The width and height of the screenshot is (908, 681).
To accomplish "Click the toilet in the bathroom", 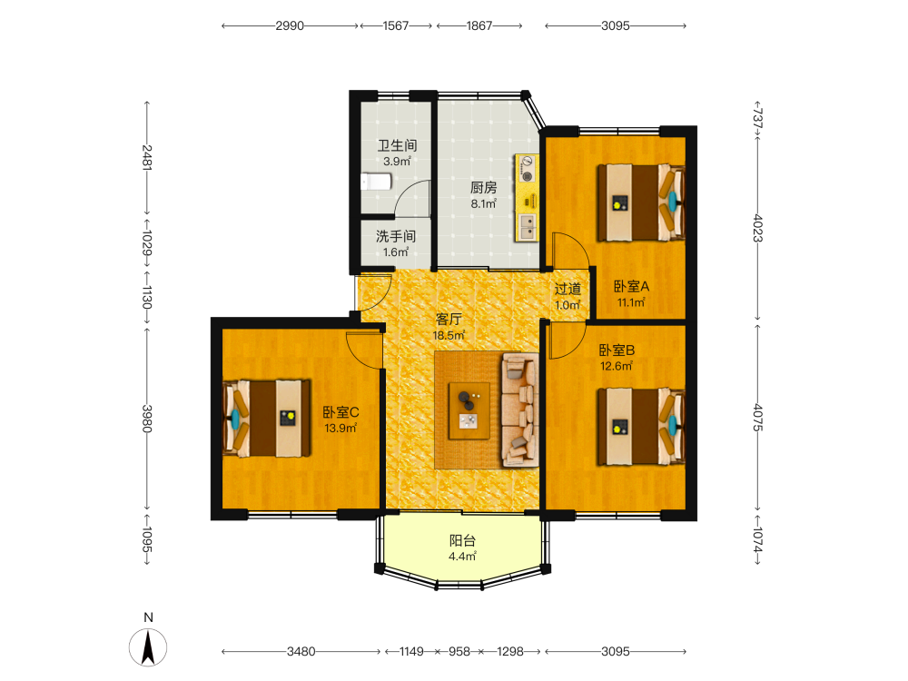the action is pos(377,182).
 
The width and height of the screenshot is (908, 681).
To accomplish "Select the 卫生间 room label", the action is pos(398,145).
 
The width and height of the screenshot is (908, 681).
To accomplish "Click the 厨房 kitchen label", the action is pos(484,188).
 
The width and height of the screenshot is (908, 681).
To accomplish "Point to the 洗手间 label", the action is pos(396,236).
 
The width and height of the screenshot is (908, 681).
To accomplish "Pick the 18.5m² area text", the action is pos(449,335).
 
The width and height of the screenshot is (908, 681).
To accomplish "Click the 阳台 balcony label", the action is pos(463,541).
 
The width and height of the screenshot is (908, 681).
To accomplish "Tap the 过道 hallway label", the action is pos(567,289).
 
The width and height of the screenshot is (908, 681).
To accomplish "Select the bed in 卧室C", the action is pos(267,418).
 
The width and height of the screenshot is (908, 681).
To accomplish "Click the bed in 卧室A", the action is pos(641,202).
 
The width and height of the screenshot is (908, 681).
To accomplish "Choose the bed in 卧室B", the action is pos(641,427).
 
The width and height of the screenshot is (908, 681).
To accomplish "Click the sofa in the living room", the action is pos(520,410).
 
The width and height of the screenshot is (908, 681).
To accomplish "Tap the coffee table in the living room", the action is pos(469,410).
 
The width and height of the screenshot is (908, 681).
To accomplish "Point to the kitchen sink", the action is pos(528,227).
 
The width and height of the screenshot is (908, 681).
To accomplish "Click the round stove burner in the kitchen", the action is pos(527,175).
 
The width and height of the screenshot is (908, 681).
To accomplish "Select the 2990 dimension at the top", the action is pos(290,25).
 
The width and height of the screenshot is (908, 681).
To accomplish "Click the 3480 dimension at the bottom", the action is pos(301,651).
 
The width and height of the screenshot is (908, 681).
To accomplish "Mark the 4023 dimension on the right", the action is pos(757,228).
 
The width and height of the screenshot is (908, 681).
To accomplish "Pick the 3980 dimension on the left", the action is pos(147,419).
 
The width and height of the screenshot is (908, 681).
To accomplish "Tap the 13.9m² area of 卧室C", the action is pos(340,429).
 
